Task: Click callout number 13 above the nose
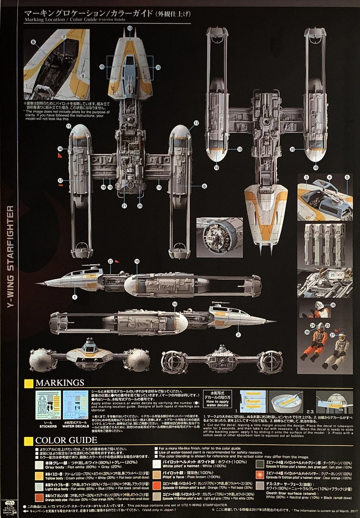tap(130, 28)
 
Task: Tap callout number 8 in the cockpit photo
tap(33, 41)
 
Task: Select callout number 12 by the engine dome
tap(196, 124)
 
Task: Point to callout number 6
tap(204, 186)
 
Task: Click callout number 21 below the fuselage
tap(124, 206)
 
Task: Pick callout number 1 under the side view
tap(74, 296)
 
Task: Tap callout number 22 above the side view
tap(110, 261)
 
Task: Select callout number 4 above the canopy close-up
tap(329, 177)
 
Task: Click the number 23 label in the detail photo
tap(333, 275)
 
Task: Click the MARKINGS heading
tap(60, 383)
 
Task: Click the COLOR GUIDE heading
tap(66, 440)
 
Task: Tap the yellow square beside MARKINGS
tap(29, 383)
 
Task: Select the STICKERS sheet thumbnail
tap(48, 405)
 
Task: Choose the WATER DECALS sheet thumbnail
tap(76, 405)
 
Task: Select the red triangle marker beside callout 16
tap(60, 156)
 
